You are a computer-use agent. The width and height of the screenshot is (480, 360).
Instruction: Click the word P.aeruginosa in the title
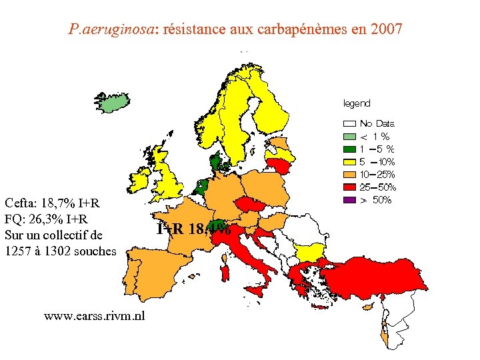[x=111, y=29]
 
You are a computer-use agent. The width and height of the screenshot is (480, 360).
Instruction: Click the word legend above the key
[x=357, y=103]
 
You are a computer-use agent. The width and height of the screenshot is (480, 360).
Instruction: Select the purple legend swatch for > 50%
[x=349, y=200]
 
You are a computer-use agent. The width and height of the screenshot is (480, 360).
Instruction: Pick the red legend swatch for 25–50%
[x=349, y=187]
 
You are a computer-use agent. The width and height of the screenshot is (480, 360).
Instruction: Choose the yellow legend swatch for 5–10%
[x=349, y=162]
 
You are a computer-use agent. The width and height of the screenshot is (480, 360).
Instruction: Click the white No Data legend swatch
[x=349, y=123]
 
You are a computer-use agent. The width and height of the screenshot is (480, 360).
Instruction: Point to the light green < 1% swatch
[x=349, y=136]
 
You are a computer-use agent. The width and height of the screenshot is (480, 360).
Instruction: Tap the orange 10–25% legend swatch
[x=349, y=175]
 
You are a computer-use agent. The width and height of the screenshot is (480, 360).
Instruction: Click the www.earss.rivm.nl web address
[x=94, y=316]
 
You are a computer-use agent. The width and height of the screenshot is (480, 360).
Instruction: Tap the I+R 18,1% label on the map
[x=193, y=229]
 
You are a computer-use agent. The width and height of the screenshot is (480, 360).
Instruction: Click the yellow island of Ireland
[x=142, y=179]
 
